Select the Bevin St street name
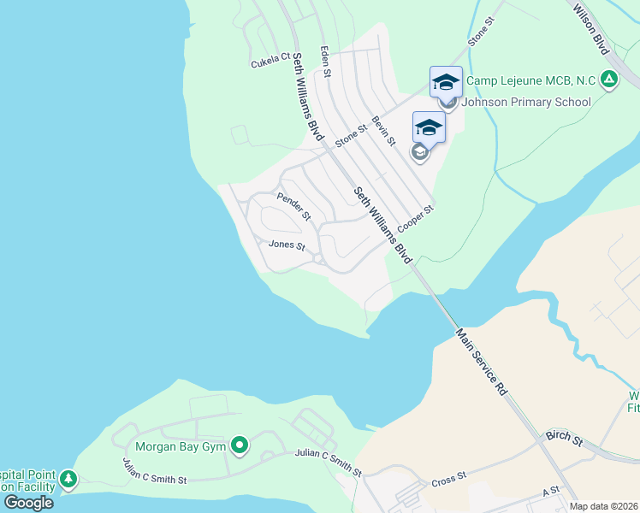coord(383,132)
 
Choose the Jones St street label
coord(287,245)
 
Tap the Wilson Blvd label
coord(590,27)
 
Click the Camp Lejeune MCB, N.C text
coord(530,80)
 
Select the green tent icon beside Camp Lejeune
coord(608,80)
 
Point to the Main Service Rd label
coord(482,363)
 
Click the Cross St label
coord(448,476)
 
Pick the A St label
coord(549,492)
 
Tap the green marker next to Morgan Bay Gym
coord(240,445)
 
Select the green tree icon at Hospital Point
coord(68,481)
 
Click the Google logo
coord(27,503)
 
